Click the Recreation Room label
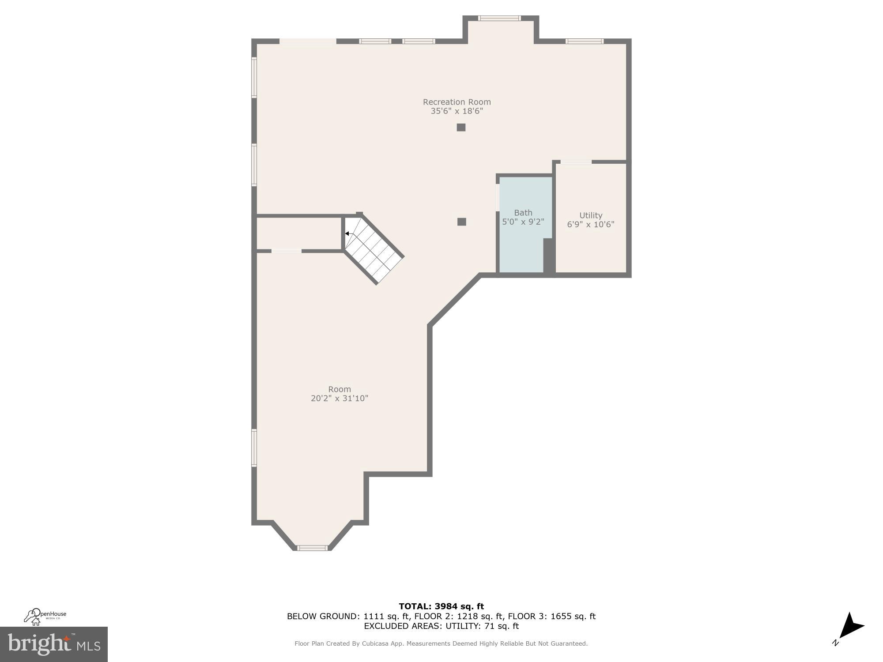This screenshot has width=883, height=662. click(457, 102)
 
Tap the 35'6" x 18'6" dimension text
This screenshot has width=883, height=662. click(457, 111)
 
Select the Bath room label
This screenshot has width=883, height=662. click(523, 213)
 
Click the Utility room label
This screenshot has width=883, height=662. click(590, 215)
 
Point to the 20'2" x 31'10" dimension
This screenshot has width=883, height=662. click(339, 399)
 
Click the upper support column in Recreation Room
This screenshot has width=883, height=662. click(461, 128)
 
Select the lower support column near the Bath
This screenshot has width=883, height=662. click(461, 222)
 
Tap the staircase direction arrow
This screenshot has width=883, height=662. click(347, 233)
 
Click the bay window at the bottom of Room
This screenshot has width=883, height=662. click(312, 548)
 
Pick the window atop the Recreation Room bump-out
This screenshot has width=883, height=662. click(499, 18)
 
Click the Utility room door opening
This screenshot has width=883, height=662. click(576, 162)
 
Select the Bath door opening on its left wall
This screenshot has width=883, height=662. click(498, 198)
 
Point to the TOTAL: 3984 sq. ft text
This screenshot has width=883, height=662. click(441, 606)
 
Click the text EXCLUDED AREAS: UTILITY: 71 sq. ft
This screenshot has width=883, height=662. click(441, 626)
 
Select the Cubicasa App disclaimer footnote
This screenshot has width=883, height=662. click(441, 643)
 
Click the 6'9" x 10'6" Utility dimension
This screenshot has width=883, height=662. click(590, 224)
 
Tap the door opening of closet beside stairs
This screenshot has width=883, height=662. click(286, 251)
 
